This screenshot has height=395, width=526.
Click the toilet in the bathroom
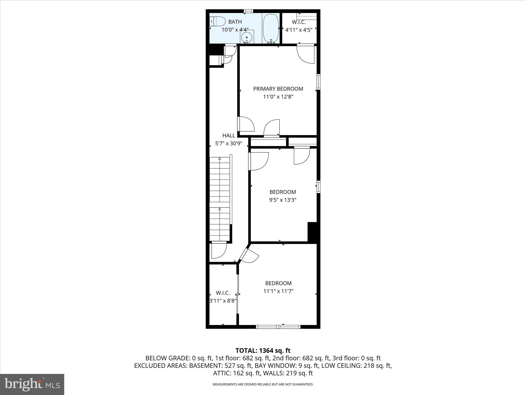[x=218, y=21]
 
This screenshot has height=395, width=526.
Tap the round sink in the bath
[x=247, y=37]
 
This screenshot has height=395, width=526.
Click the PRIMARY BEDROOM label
[x=278, y=89]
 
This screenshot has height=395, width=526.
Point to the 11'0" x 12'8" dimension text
[x=278, y=97]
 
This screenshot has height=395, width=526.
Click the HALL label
[x=229, y=136]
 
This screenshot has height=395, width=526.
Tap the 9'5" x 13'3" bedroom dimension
[x=283, y=200]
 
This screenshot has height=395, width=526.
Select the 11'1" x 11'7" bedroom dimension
[x=278, y=291]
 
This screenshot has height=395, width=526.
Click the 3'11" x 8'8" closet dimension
[x=223, y=301]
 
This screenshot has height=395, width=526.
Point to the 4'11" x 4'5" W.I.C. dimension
[x=299, y=30]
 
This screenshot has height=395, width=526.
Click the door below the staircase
[x=219, y=250]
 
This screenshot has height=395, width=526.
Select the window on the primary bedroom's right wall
[x=318, y=82]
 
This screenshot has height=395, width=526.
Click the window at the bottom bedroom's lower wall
[x=278, y=327]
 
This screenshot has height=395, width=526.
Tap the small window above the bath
[x=248, y=11]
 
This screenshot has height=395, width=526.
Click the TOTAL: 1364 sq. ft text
[x=263, y=351]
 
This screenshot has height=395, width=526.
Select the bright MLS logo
[x=32, y=384]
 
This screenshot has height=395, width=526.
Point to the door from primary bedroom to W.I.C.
[x=306, y=53]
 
